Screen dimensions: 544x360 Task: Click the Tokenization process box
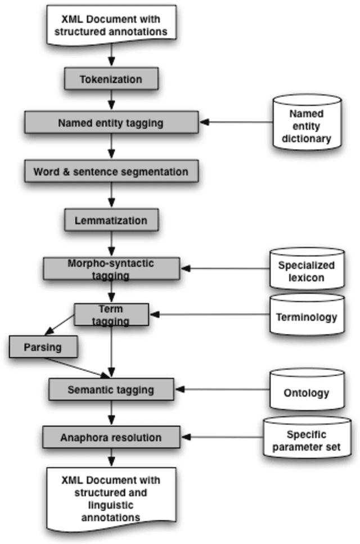pyautogui.click(x=111, y=79)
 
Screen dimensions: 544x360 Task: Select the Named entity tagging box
pyautogui.click(x=111, y=122)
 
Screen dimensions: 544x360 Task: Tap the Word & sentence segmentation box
pyautogui.click(x=111, y=171)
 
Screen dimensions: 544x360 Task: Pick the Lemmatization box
pyautogui.click(x=111, y=220)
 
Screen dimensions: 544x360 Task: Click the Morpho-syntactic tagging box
pyautogui.click(x=111, y=269)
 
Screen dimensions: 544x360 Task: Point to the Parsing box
pyautogui.click(x=43, y=347)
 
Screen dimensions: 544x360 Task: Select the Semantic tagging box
pyautogui.click(x=111, y=389)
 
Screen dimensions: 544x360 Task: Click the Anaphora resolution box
pyautogui.click(x=111, y=437)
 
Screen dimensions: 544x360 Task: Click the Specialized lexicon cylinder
pyautogui.click(x=307, y=270)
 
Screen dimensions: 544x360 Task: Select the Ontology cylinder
pyautogui.click(x=307, y=392)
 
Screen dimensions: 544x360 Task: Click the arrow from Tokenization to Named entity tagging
pyautogui.click(x=111, y=100)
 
